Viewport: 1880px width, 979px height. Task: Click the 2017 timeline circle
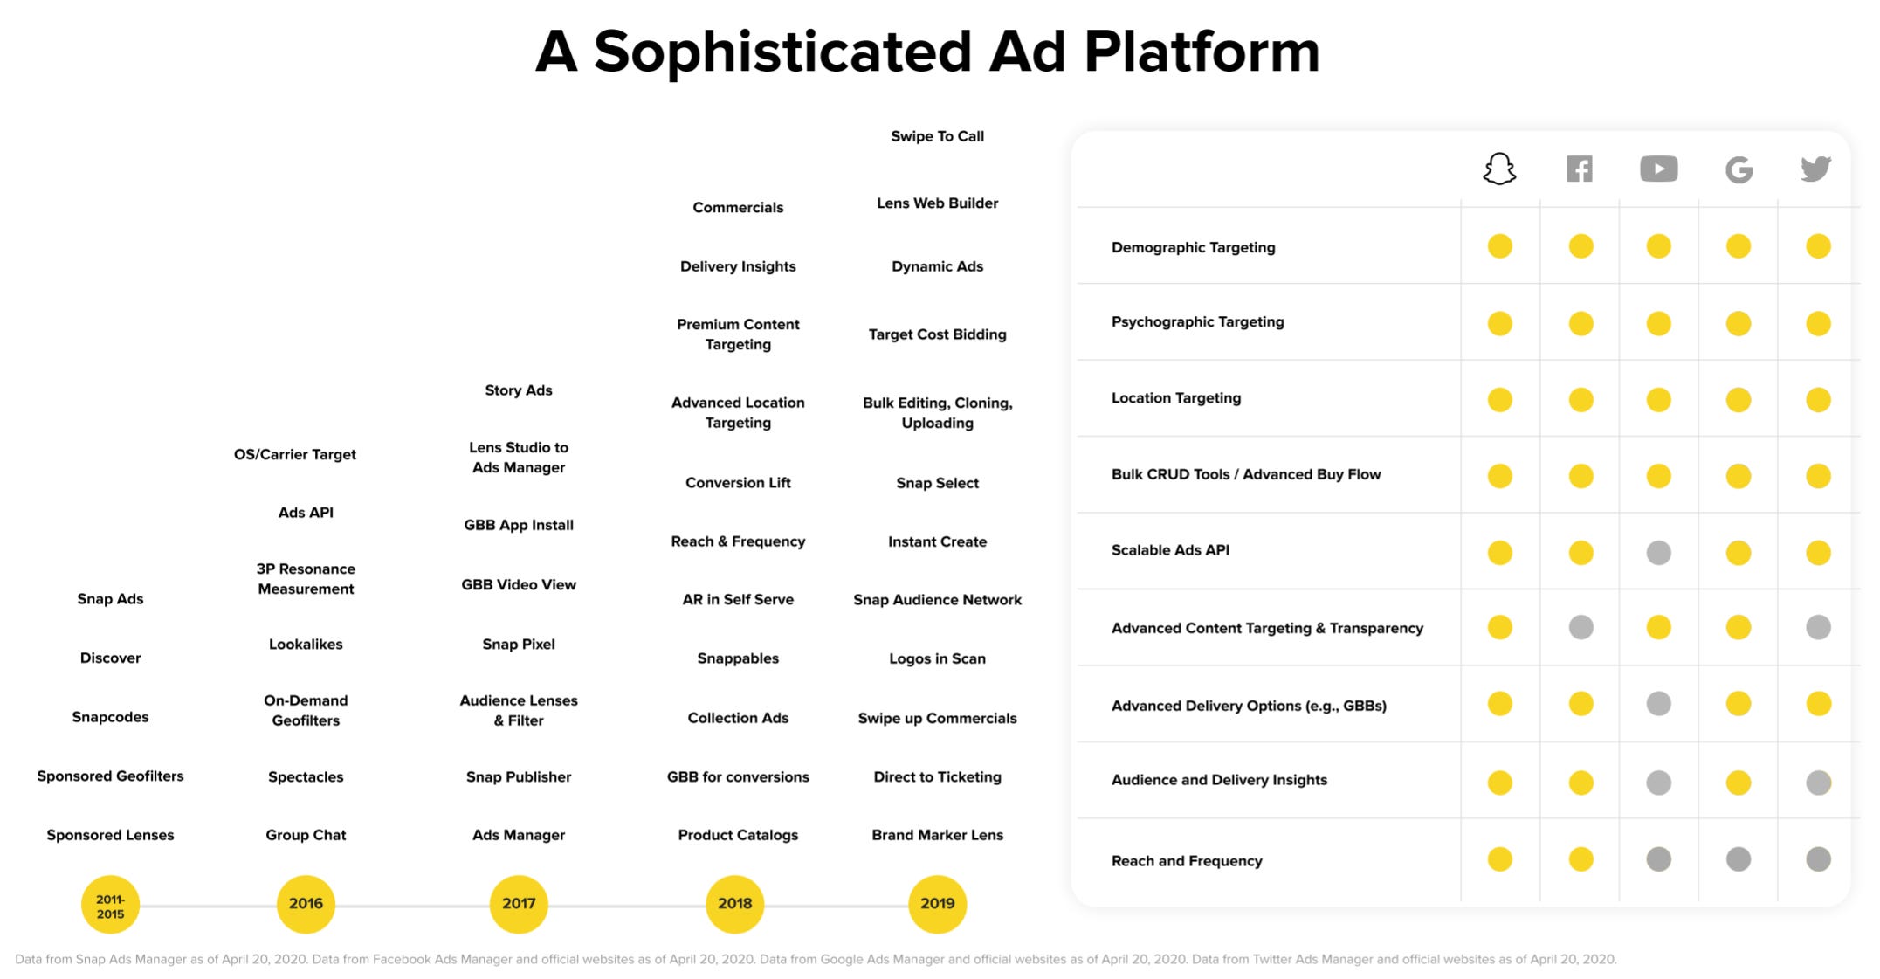519,904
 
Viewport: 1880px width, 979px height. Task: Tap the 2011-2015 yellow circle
110,906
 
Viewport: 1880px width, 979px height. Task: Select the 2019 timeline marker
937,904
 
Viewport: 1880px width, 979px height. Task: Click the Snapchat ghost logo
1499,169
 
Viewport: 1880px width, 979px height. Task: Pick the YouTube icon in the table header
1658,169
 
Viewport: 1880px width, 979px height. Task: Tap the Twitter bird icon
1816,169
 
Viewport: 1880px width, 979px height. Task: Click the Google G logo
1739,169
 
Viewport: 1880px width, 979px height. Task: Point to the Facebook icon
1580,169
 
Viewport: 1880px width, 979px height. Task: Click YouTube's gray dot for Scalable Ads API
1658,552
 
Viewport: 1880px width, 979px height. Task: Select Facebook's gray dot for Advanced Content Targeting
1580,627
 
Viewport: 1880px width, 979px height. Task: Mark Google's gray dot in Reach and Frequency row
1739,859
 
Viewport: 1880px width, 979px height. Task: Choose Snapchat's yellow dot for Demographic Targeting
1500,246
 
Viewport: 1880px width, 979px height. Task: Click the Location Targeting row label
1175,398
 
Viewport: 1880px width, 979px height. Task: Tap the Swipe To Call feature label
937,136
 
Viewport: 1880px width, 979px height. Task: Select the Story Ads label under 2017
519,390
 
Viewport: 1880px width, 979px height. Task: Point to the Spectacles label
306,776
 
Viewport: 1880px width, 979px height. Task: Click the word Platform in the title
1202,52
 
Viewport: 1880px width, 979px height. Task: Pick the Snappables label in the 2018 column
738,658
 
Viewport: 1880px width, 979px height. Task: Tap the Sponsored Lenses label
110,835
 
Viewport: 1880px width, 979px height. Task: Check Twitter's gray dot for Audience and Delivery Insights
1818,783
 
